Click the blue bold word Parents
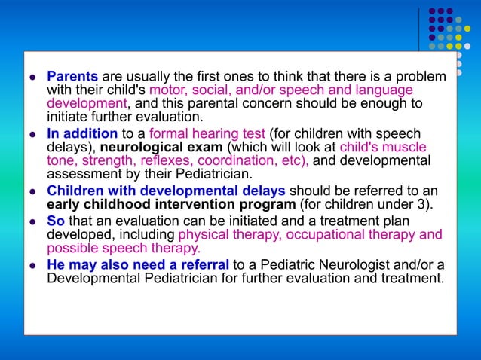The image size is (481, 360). point(72,77)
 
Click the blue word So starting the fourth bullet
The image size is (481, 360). point(56,220)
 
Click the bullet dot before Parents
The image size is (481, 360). point(32,78)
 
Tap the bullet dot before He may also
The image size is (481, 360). point(32,266)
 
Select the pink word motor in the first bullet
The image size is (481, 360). point(167,90)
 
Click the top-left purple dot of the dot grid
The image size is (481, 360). point(432,11)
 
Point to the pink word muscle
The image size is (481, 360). point(409,147)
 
